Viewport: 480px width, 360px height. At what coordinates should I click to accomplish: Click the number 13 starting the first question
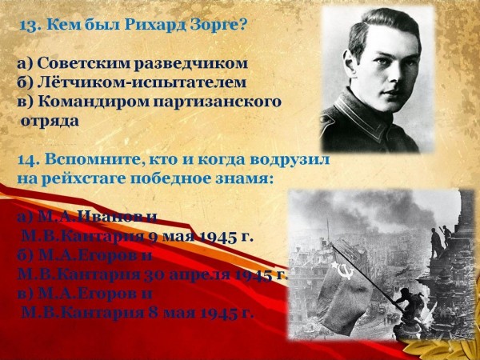[x=29, y=26]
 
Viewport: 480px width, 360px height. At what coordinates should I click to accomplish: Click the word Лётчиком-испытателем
[x=142, y=82]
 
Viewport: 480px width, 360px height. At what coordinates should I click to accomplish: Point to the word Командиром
[x=94, y=102]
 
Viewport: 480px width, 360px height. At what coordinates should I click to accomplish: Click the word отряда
[x=50, y=122]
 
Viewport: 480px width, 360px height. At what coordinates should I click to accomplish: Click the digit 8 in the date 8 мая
[x=153, y=313]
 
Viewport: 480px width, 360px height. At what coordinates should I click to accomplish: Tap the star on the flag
[x=334, y=264]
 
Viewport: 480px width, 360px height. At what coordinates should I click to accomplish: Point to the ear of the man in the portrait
[x=350, y=62]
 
